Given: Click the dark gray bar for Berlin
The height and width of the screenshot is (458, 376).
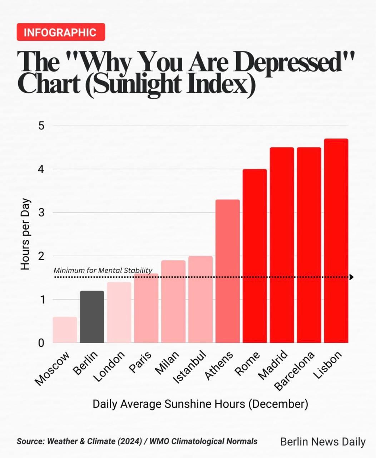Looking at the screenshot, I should pyautogui.click(x=92, y=317).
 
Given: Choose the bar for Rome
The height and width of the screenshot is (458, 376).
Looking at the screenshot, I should pyautogui.click(x=254, y=256).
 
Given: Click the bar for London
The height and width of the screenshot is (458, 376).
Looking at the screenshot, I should pyautogui.click(x=119, y=312).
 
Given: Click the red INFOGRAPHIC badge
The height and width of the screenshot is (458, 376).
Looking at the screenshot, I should pyautogui.click(x=61, y=32).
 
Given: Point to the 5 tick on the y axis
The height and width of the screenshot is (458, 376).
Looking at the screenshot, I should pyautogui.click(x=41, y=126).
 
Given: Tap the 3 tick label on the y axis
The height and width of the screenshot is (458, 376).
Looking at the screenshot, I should pyautogui.click(x=41, y=213).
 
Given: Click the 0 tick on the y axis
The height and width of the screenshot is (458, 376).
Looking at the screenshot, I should pyautogui.click(x=41, y=343).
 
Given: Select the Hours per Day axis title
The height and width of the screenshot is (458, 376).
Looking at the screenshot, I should pyautogui.click(x=25, y=234).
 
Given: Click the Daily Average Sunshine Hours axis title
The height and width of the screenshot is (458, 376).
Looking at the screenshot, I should pyautogui.click(x=200, y=404).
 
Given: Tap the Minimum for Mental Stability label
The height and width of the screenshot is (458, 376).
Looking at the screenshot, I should pyautogui.click(x=103, y=270).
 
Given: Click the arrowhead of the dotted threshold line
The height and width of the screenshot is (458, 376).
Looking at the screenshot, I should pyautogui.click(x=351, y=277).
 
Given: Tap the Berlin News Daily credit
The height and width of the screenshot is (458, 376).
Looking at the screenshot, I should pyautogui.click(x=323, y=442).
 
